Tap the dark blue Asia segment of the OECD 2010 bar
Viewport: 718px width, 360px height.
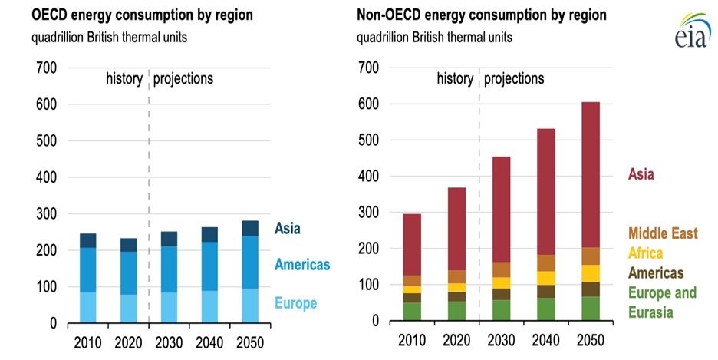pyautogui.click(x=89, y=240)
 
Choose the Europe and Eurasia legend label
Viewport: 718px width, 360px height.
pyautogui.click(x=663, y=302)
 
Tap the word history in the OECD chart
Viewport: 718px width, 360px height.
pyautogui.click(x=124, y=78)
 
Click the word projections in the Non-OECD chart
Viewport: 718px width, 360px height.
pyautogui.click(x=514, y=78)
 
